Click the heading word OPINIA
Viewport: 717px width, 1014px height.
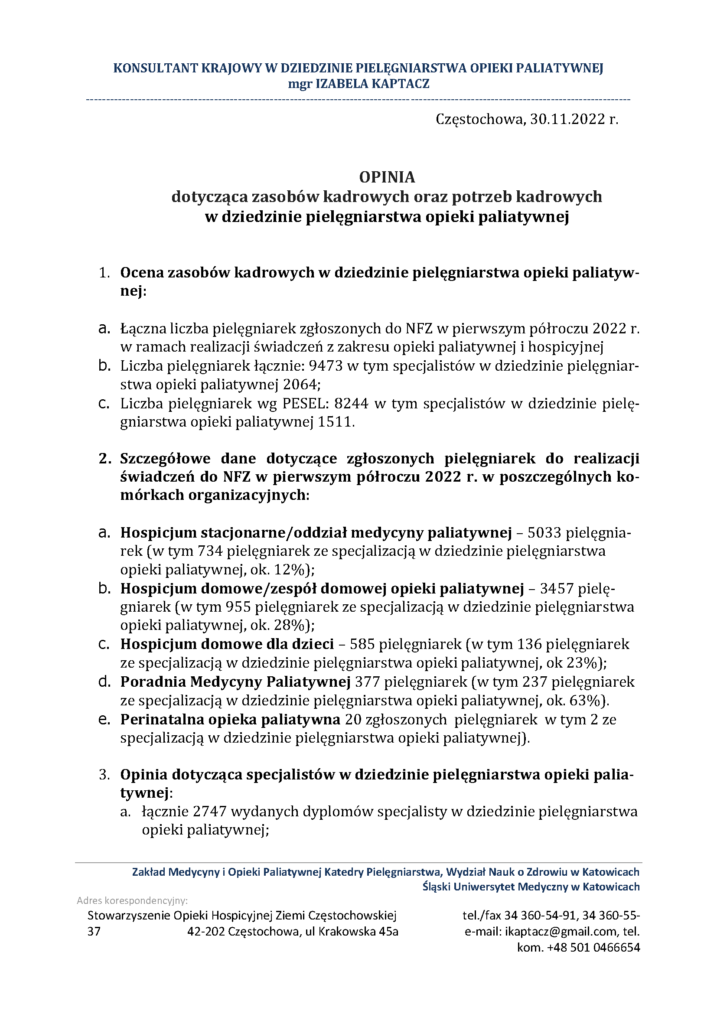click(x=387, y=177)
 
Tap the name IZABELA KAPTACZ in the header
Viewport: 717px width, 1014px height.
click(x=372, y=84)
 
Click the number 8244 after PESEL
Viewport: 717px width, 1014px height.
click(x=351, y=404)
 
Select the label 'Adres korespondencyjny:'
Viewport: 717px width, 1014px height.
click(x=133, y=900)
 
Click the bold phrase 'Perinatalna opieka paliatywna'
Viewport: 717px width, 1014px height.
click(x=230, y=720)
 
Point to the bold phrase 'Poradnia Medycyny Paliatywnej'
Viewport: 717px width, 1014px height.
click(x=235, y=682)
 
